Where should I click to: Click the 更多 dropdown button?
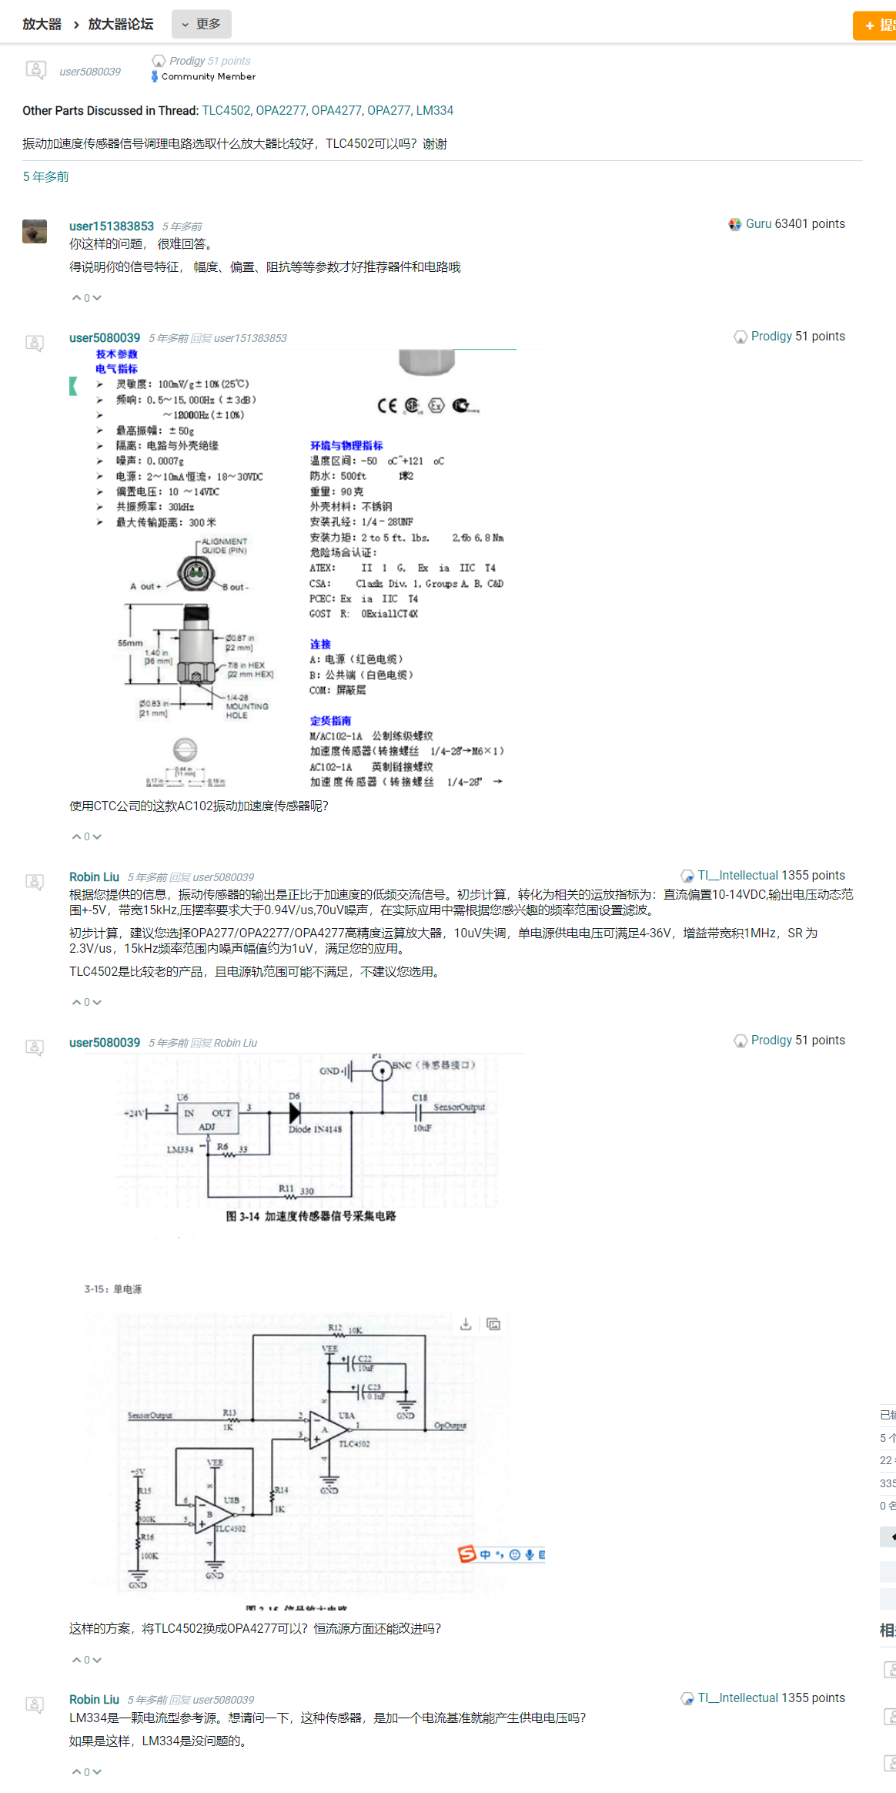202,24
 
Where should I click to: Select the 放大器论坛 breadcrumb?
121,24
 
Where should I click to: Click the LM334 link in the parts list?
434,110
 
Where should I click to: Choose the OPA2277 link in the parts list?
280,110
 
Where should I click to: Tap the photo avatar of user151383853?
35,231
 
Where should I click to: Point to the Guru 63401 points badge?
787,224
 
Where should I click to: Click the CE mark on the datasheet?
387,405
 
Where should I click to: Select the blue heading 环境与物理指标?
346,445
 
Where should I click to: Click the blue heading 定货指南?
330,721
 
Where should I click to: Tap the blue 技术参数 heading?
116,354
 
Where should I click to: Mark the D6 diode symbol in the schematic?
295,1112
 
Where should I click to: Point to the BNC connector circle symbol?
382,1071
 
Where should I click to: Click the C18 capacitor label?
420,1098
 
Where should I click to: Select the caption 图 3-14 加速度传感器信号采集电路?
310,1216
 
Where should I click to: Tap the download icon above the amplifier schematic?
466,1324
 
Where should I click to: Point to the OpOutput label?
450,1426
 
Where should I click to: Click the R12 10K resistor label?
344,1329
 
